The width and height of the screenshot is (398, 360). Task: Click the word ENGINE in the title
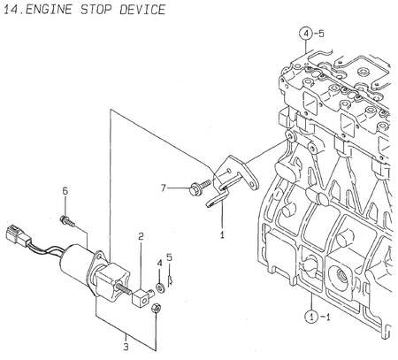click(x=54, y=10)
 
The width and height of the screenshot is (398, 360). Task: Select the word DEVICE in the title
click(x=142, y=10)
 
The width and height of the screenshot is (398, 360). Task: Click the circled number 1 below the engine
click(x=312, y=315)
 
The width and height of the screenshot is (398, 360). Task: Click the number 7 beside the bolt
click(x=164, y=188)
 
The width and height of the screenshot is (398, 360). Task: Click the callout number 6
click(x=65, y=191)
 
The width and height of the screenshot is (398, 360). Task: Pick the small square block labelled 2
click(x=140, y=293)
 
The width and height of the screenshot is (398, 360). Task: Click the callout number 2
click(x=140, y=235)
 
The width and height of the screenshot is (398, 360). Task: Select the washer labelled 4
click(x=160, y=286)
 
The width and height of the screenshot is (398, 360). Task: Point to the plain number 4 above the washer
click(x=159, y=263)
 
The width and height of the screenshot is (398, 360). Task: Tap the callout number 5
click(x=170, y=257)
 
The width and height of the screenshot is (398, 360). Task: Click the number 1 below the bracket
click(x=222, y=235)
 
